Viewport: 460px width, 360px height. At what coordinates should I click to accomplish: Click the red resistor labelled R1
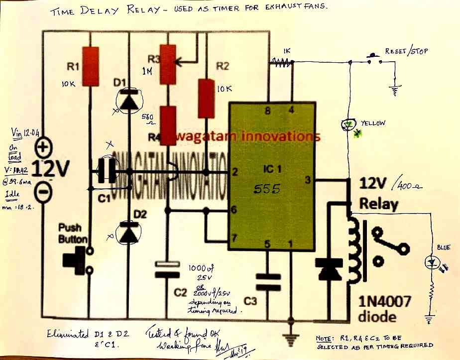[x=90, y=66]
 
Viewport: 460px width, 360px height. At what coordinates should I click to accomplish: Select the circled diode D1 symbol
[x=129, y=99]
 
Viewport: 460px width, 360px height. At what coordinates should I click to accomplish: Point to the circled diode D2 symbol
[x=129, y=233]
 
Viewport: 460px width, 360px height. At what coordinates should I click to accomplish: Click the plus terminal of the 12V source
[x=44, y=147]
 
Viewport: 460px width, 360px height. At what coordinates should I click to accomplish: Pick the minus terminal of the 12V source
[x=44, y=191]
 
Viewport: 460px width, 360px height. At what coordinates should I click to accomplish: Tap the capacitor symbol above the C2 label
[x=167, y=268]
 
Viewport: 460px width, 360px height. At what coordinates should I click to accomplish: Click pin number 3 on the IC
[x=307, y=180]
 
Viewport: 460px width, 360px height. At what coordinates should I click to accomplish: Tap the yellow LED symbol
[x=349, y=124]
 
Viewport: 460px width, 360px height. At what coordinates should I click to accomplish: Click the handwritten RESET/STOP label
[x=406, y=51]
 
